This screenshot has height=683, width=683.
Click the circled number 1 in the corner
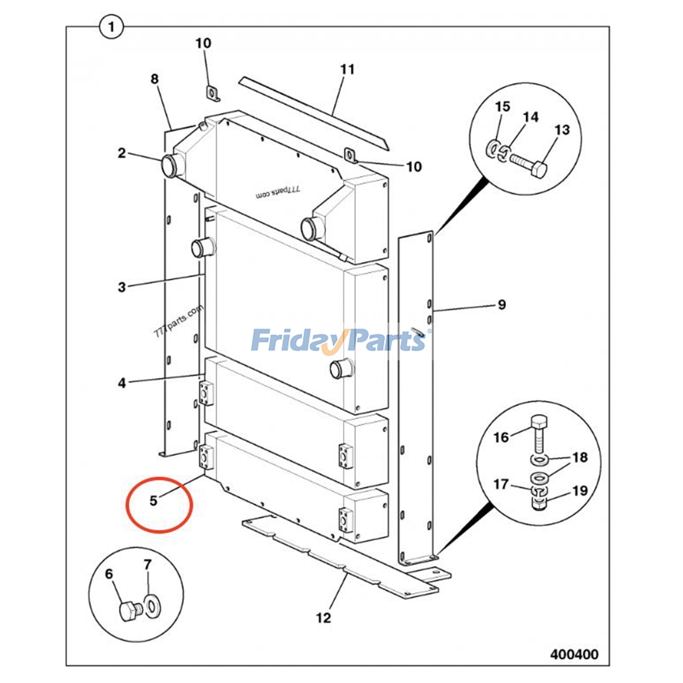coord(111,27)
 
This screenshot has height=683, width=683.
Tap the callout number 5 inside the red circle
coord(154,500)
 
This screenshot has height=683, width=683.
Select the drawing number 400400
coord(574,654)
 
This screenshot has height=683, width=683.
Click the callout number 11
coord(347,69)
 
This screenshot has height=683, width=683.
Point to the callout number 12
coord(323,617)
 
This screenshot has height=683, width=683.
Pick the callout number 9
coord(502,304)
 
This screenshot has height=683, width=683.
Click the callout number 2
coord(122,153)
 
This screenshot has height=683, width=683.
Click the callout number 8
coord(155,79)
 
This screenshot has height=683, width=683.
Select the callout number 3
coord(122,287)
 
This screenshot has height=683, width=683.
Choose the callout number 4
coord(122,383)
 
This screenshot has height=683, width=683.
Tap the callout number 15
coord(502,107)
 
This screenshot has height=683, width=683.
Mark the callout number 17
coord(501,484)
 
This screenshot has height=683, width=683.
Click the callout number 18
coord(580,458)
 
